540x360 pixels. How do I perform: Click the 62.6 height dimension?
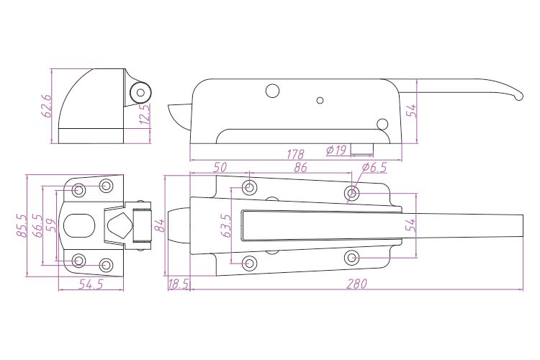pos(47,106)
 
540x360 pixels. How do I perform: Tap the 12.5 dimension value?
pos(145,113)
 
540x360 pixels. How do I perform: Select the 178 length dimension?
pos(295,153)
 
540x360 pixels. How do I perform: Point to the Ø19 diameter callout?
pos(336,150)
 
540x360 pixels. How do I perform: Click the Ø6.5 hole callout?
pos(374,168)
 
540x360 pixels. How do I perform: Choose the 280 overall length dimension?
pos(357,284)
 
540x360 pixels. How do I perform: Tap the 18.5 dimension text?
pos(179,284)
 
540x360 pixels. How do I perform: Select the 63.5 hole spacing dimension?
pos(227,226)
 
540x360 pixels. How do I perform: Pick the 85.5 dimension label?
pos(22,225)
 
